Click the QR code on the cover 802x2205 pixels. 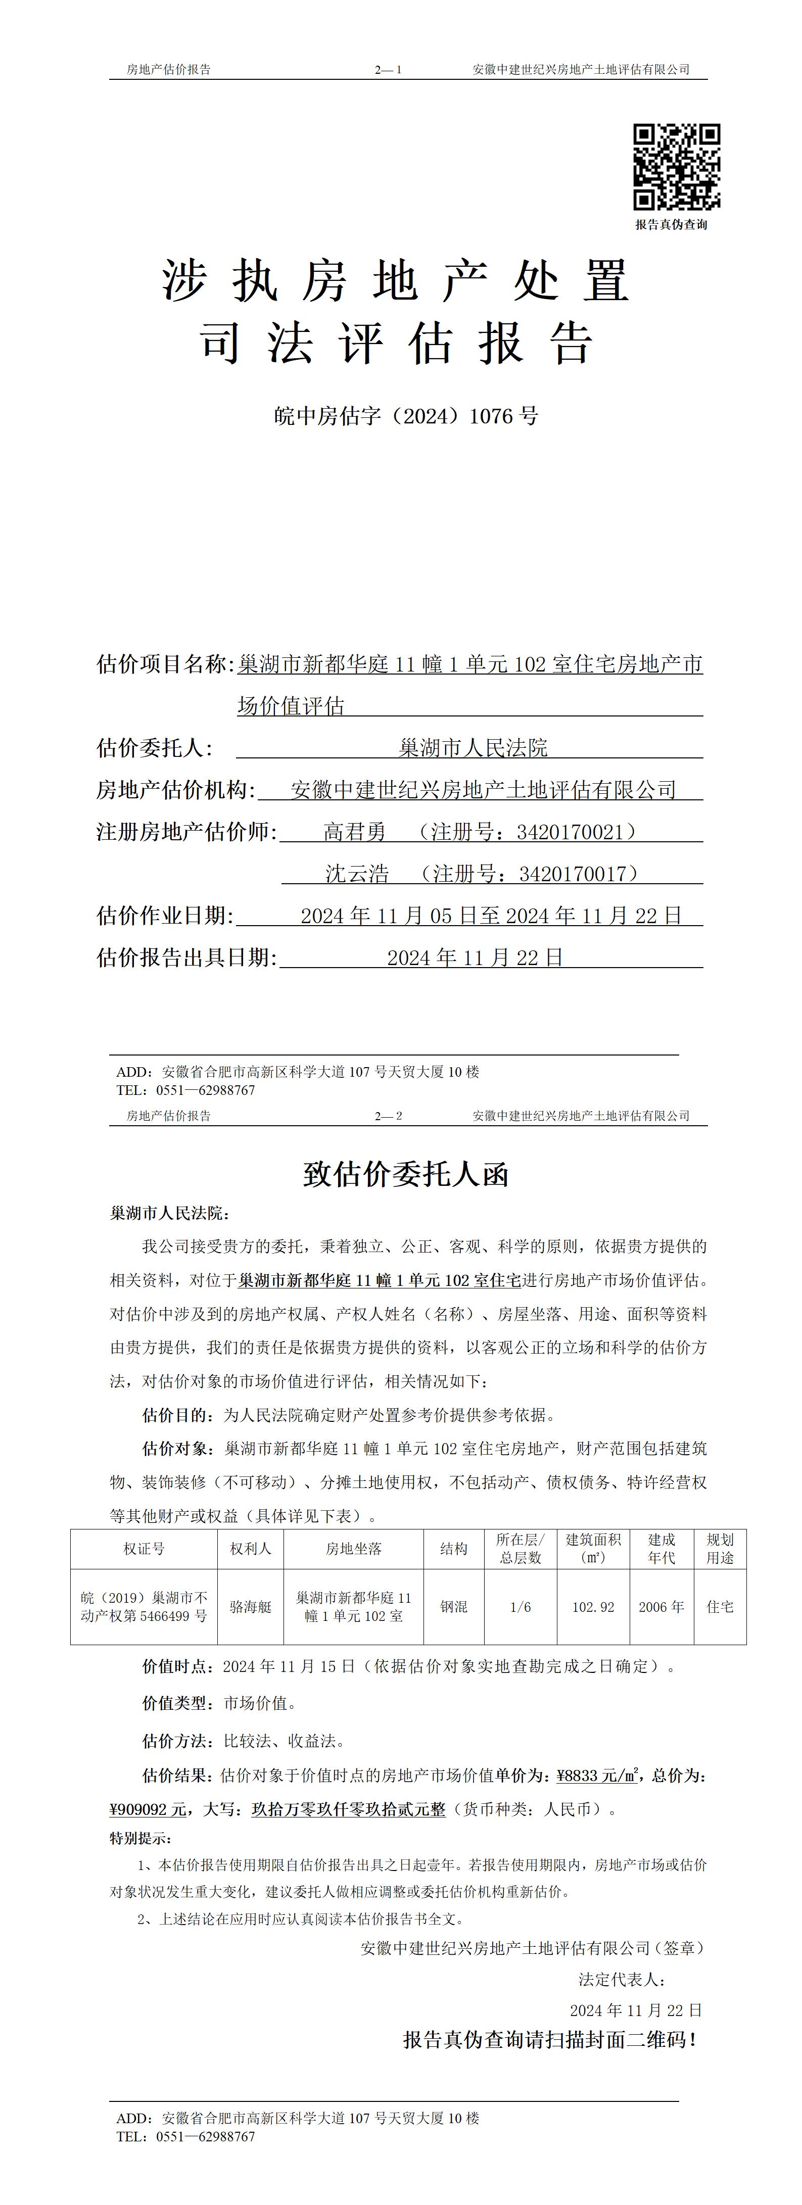676,167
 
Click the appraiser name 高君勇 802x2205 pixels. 354,831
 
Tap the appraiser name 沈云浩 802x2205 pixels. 357,873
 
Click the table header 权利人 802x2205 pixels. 250,1549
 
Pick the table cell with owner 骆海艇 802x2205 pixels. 250,1607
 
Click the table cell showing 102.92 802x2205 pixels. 593,1607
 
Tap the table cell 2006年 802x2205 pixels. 661,1607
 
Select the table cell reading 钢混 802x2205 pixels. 454,1607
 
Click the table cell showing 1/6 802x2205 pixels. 521,1607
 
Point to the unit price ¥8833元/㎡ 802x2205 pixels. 597,1776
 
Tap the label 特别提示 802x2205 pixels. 140,1838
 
